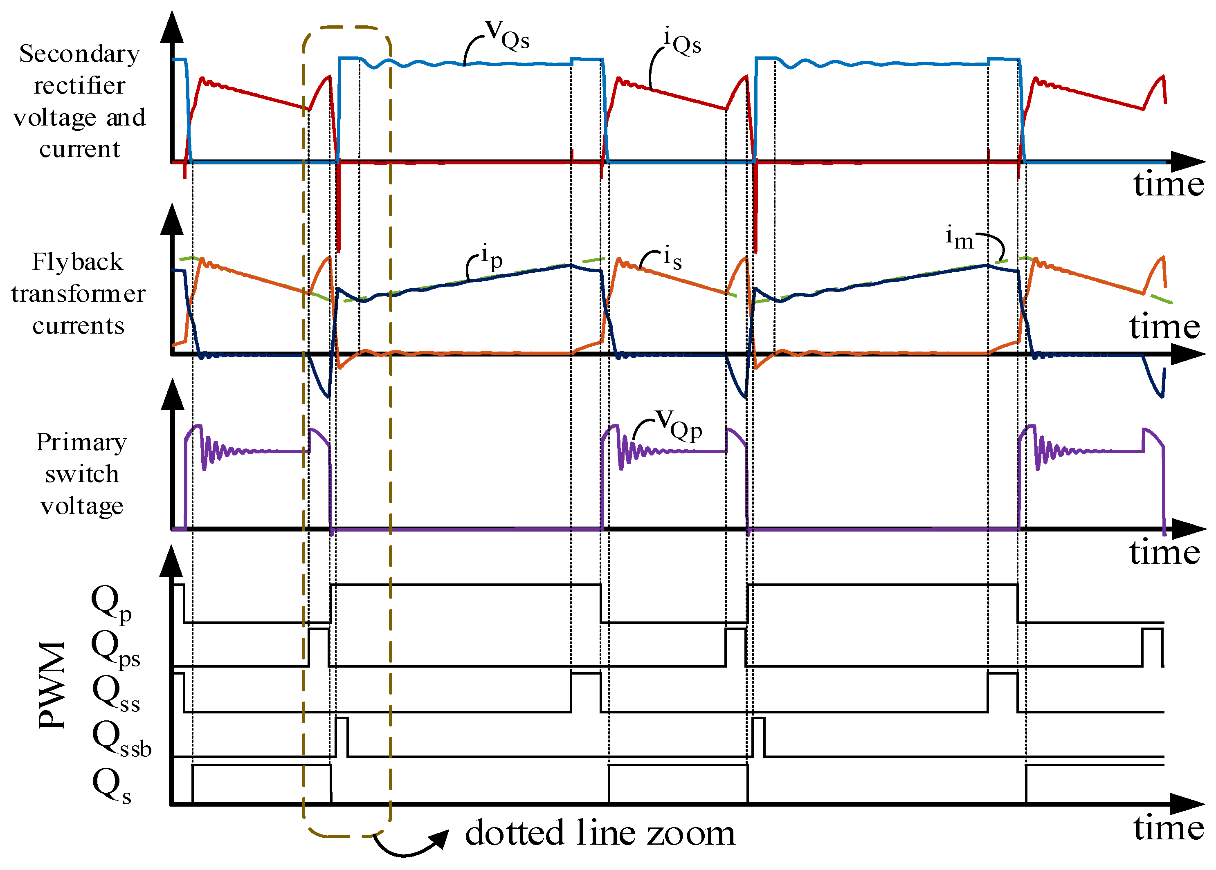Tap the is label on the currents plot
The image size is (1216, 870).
(672, 258)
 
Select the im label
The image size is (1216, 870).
(959, 238)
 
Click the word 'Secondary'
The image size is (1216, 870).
(79, 54)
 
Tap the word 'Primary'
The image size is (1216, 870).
(81, 442)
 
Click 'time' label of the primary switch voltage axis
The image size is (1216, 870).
(1164, 552)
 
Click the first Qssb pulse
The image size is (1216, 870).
(342, 737)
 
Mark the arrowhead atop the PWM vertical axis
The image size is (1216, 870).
(171, 561)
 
